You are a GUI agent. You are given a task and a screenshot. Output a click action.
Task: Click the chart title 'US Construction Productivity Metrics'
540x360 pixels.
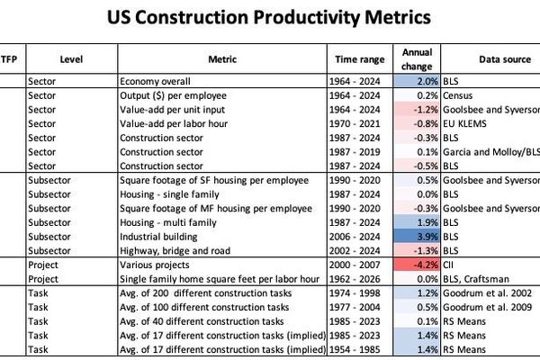269,17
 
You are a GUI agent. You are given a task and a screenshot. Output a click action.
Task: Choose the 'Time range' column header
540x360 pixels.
361,57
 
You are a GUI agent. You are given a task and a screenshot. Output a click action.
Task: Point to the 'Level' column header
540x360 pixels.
72,57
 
